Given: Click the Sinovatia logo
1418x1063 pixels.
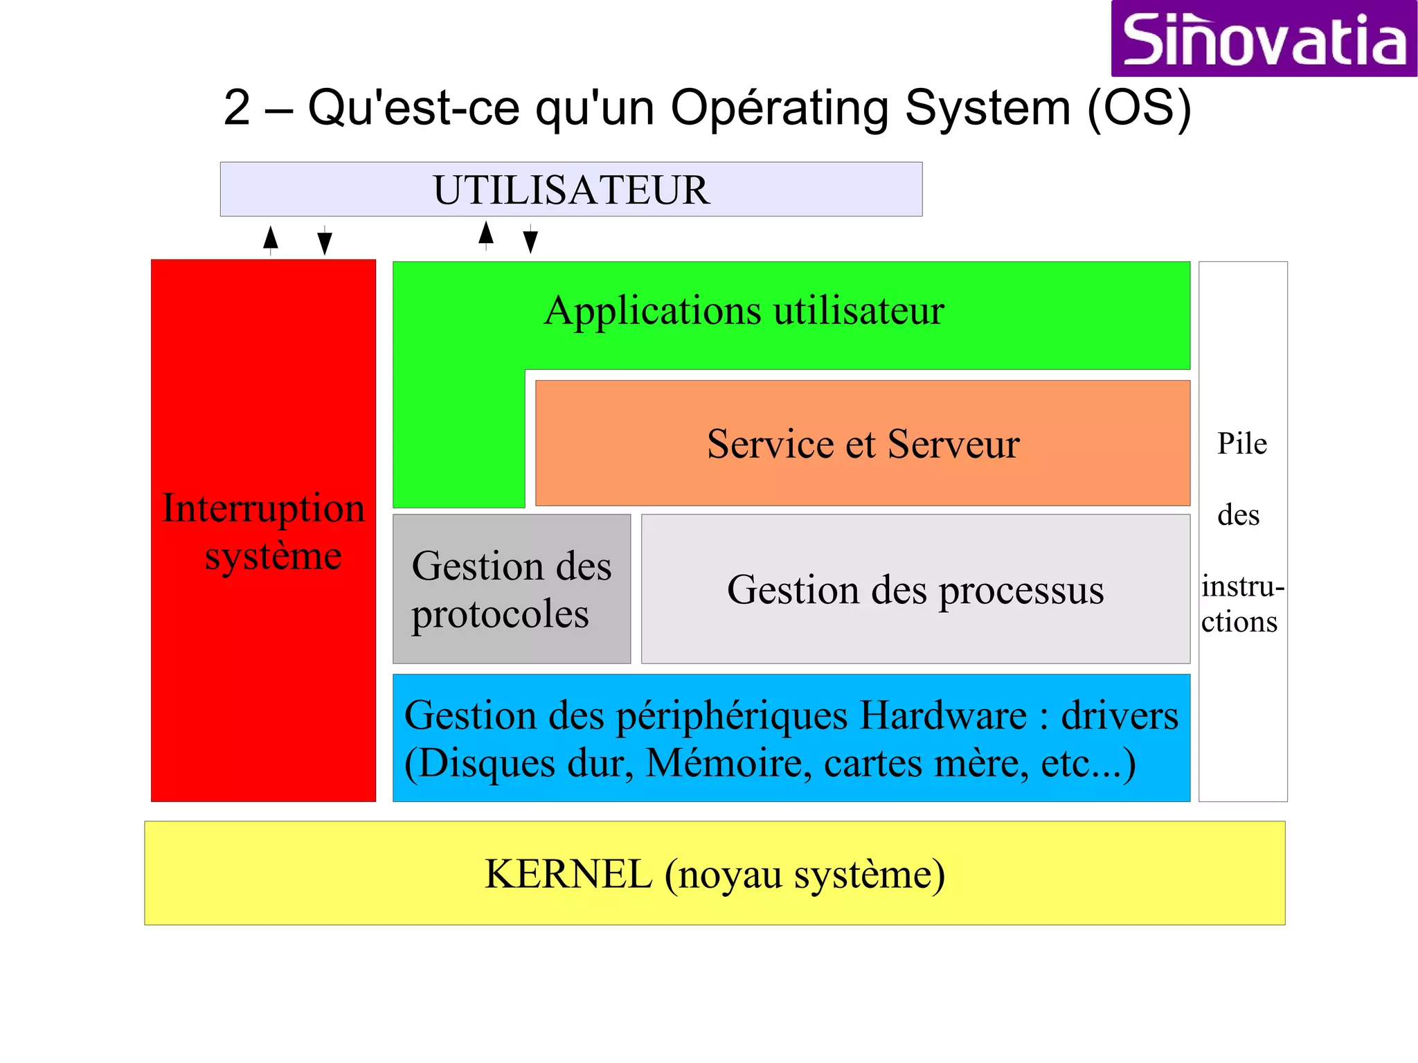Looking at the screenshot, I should (1264, 39).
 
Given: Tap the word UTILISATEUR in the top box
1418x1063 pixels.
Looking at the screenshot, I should (571, 190).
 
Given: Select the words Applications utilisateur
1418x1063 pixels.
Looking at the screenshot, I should (744, 311).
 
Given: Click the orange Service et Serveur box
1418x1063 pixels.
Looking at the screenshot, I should (863, 443).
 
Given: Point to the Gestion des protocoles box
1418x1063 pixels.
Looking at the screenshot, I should (511, 589).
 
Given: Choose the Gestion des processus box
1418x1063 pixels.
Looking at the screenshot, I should (915, 589).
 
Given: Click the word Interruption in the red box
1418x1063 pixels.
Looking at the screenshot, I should (263, 508).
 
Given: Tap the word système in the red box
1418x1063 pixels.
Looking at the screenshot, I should (273, 556).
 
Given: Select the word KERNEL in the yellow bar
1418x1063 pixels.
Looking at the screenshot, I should (568, 874).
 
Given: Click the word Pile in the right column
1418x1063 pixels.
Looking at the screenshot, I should (1242, 444).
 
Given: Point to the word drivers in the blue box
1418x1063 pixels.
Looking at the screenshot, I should (1120, 715).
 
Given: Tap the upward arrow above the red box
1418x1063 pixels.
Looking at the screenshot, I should (271, 239).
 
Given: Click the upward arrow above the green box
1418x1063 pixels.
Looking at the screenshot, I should (486, 235).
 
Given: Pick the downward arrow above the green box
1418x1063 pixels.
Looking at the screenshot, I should (530, 240).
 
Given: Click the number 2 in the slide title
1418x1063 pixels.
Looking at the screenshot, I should (237, 108).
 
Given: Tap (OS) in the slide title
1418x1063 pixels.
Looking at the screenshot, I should (1139, 108).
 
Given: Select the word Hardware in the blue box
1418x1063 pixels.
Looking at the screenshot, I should (943, 715).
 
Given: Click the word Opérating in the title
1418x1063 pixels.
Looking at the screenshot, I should (779, 109).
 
